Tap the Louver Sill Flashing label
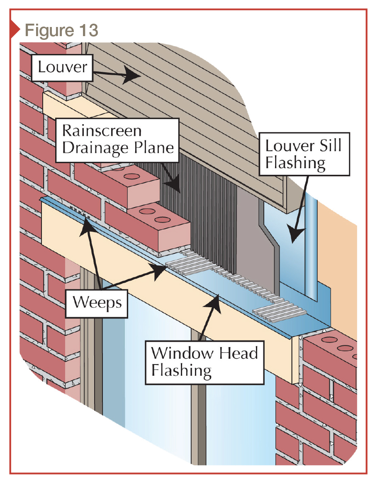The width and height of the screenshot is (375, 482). [x=304, y=154]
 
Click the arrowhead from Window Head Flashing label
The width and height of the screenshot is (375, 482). [x=217, y=298]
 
